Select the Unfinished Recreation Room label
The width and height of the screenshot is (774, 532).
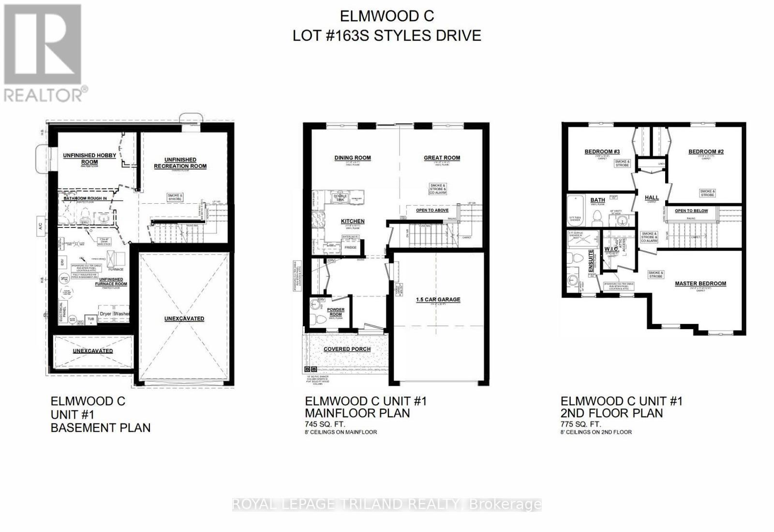click(x=180, y=163)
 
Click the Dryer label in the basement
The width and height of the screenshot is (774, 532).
click(x=105, y=314)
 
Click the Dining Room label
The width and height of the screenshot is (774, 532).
click(x=352, y=158)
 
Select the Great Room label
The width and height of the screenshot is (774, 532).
click(x=442, y=158)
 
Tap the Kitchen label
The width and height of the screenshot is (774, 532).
click(x=353, y=221)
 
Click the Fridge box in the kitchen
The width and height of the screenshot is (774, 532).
click(x=350, y=247)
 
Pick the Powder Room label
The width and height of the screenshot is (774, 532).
click(x=336, y=312)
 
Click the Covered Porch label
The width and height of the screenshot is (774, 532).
click(x=347, y=349)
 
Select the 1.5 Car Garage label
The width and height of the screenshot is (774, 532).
click(x=438, y=300)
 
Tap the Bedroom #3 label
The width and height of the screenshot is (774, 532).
click(x=602, y=152)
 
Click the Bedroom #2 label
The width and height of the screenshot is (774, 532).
click(x=706, y=152)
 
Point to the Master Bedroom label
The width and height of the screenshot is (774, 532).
click(x=700, y=284)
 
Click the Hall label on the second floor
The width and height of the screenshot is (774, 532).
click(x=652, y=198)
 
